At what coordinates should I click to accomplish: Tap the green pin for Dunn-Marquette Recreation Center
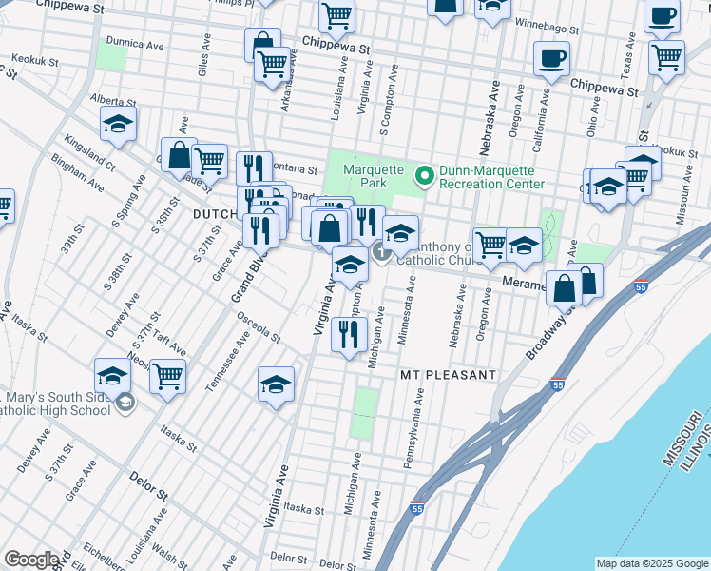(424, 173)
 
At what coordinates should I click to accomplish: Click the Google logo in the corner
(30, 560)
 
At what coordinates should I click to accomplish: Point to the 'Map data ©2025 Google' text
(652, 563)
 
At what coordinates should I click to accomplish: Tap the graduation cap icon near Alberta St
(119, 125)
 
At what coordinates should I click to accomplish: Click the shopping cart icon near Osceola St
(167, 378)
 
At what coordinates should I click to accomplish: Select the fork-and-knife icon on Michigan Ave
(350, 334)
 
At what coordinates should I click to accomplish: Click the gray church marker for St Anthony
(380, 252)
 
